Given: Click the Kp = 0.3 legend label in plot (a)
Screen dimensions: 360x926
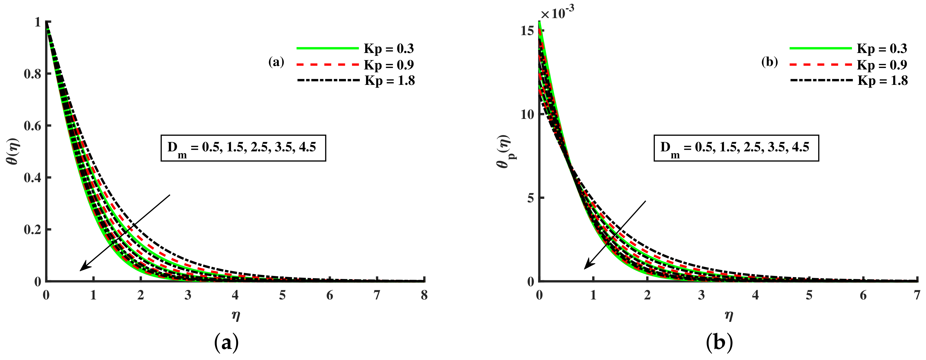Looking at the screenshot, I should (389, 49).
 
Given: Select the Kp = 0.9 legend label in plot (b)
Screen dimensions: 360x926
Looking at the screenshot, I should (882, 65).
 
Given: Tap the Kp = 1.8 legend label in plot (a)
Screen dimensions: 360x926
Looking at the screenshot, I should (390, 81).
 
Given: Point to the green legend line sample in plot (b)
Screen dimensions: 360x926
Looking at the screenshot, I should (821, 48).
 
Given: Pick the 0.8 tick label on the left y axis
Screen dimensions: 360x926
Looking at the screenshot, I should (32, 74).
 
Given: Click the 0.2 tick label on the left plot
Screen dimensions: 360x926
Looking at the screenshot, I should (32, 229).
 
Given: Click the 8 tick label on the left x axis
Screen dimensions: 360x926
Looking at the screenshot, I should (424, 295).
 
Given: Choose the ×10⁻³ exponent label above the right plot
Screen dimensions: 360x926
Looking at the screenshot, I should (558, 13).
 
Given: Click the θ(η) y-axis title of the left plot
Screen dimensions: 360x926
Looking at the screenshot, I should (13, 151).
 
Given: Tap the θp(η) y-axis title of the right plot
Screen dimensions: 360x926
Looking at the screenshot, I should (504, 151).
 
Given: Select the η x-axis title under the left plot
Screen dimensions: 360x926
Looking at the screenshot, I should (236, 315).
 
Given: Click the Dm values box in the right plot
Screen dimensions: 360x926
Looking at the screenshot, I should (736, 148).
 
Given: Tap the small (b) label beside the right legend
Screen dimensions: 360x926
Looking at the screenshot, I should (770, 62).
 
